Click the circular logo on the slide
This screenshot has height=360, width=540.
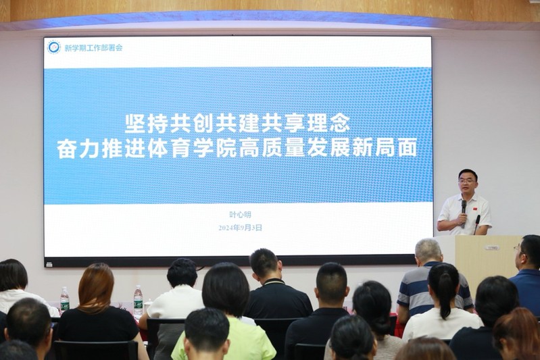tap(53, 47)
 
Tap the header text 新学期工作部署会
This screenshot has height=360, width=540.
tap(93, 48)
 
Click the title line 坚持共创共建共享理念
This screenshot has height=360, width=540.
tap(237, 124)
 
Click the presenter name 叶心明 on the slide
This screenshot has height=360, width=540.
tap(241, 214)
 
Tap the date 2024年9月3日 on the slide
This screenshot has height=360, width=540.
tap(240, 228)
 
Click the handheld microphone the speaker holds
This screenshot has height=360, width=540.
tap(464, 213)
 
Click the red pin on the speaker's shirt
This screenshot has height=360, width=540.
tap(475, 209)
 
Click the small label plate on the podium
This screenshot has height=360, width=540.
tap(491, 247)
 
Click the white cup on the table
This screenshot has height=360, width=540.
tap(148, 304)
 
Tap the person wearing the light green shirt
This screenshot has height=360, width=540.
tap(224, 311)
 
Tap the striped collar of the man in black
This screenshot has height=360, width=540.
tap(274, 282)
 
